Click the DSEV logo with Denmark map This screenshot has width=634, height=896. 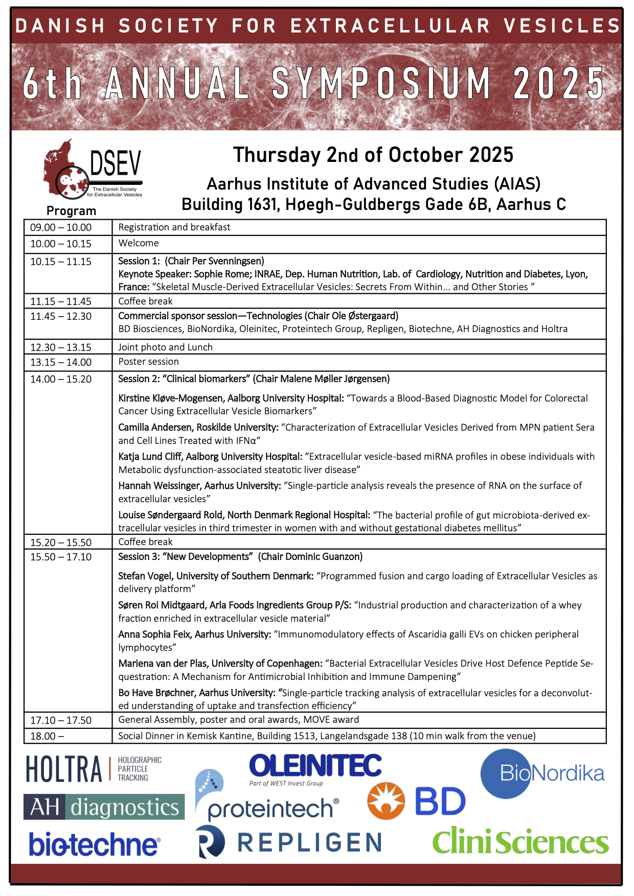click(x=92, y=170)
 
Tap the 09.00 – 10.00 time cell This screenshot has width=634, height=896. click(x=61, y=228)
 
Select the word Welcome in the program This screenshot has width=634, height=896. click(x=139, y=243)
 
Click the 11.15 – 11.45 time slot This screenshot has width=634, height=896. click(x=61, y=301)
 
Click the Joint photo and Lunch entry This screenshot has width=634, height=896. click(x=165, y=347)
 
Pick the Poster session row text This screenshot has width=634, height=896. click(x=149, y=362)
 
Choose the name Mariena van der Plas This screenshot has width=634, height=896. click(x=163, y=664)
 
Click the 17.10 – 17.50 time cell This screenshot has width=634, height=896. click(x=61, y=720)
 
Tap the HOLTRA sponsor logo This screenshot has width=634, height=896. click(x=94, y=769)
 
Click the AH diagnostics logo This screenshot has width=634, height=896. click(x=104, y=807)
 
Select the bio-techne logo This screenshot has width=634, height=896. click(x=95, y=844)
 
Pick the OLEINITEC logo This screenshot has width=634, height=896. click(x=315, y=766)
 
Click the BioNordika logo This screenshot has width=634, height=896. click(x=542, y=773)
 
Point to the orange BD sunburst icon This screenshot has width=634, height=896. click(x=386, y=801)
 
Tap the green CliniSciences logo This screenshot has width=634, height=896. click(x=520, y=843)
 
